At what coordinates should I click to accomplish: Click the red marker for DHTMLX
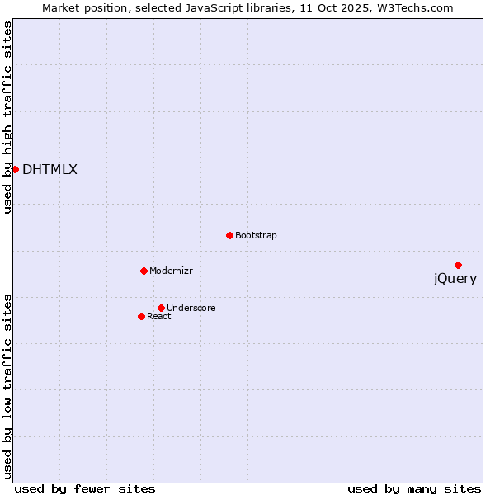[x=15, y=169]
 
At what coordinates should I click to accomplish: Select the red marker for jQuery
[x=458, y=265]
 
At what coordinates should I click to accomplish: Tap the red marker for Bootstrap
[x=229, y=235]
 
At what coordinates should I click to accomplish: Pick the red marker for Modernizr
[x=144, y=271]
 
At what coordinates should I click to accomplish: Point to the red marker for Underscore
[x=161, y=308]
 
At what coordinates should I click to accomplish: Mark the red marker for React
[x=141, y=316]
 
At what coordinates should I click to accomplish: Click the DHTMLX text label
[x=49, y=170]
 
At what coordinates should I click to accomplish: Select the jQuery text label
[x=455, y=279]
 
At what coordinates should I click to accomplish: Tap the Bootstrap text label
[x=256, y=236]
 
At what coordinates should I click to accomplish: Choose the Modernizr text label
[x=171, y=271]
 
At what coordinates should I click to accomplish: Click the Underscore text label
[x=191, y=309]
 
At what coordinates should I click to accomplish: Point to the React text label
[x=159, y=317]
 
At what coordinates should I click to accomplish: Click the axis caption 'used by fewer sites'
[x=85, y=488]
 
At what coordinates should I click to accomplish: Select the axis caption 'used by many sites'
[x=414, y=488]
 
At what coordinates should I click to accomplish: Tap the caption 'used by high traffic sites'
[x=8, y=117]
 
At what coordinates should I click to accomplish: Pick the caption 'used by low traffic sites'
[x=8, y=385]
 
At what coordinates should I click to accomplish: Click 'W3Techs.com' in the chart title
[x=417, y=8]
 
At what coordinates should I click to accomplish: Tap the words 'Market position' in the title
[x=78, y=8]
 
